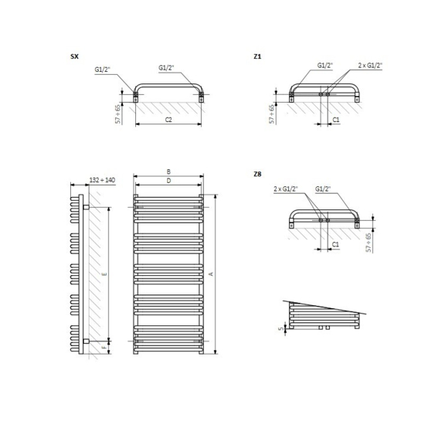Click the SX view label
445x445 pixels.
point(74,57)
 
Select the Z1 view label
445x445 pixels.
point(257,57)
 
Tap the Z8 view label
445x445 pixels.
point(257,174)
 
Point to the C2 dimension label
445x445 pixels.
point(168,121)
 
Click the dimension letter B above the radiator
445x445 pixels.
point(168,172)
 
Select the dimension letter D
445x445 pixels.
point(168,181)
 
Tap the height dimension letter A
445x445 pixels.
point(211,274)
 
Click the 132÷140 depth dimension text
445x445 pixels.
point(102,180)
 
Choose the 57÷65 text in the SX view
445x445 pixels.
point(117,114)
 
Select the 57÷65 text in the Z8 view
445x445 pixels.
point(369,242)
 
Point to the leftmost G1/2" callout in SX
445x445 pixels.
point(103,70)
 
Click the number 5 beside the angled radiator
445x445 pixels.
point(281,328)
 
